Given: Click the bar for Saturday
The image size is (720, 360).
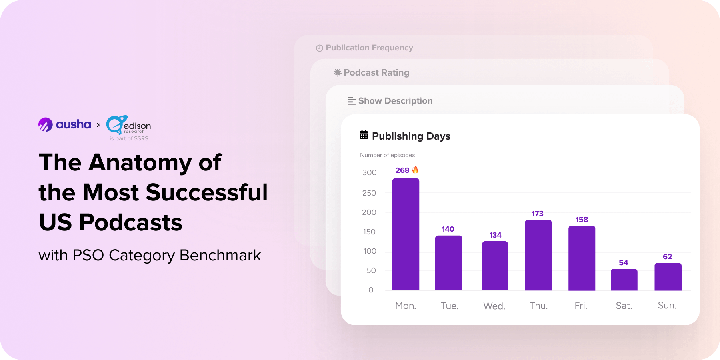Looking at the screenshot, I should click(624, 280).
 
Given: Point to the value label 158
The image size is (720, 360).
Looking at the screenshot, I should click(582, 220).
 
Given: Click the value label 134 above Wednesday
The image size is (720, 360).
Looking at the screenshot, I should click(495, 235).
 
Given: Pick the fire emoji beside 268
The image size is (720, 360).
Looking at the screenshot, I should click(416, 170).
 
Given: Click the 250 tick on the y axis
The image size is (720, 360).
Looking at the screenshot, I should click(369, 193).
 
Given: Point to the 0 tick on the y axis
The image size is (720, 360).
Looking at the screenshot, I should click(371, 290).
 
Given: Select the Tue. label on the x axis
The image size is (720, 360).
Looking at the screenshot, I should click(450, 306).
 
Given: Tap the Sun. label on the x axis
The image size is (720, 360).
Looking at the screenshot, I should click(667, 306).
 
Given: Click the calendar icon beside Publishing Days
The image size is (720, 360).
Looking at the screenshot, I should click(364, 135).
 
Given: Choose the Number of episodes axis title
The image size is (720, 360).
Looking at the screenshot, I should click(387, 155).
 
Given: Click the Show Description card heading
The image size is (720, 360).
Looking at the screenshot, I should click(395, 101).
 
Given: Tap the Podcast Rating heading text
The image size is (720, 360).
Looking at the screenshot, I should click(376, 73).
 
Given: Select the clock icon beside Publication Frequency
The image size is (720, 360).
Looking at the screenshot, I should click(320, 48).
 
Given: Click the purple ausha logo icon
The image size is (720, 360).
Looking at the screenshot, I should click(46, 124).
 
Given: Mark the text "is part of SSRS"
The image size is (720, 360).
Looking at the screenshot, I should click(129, 139).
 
